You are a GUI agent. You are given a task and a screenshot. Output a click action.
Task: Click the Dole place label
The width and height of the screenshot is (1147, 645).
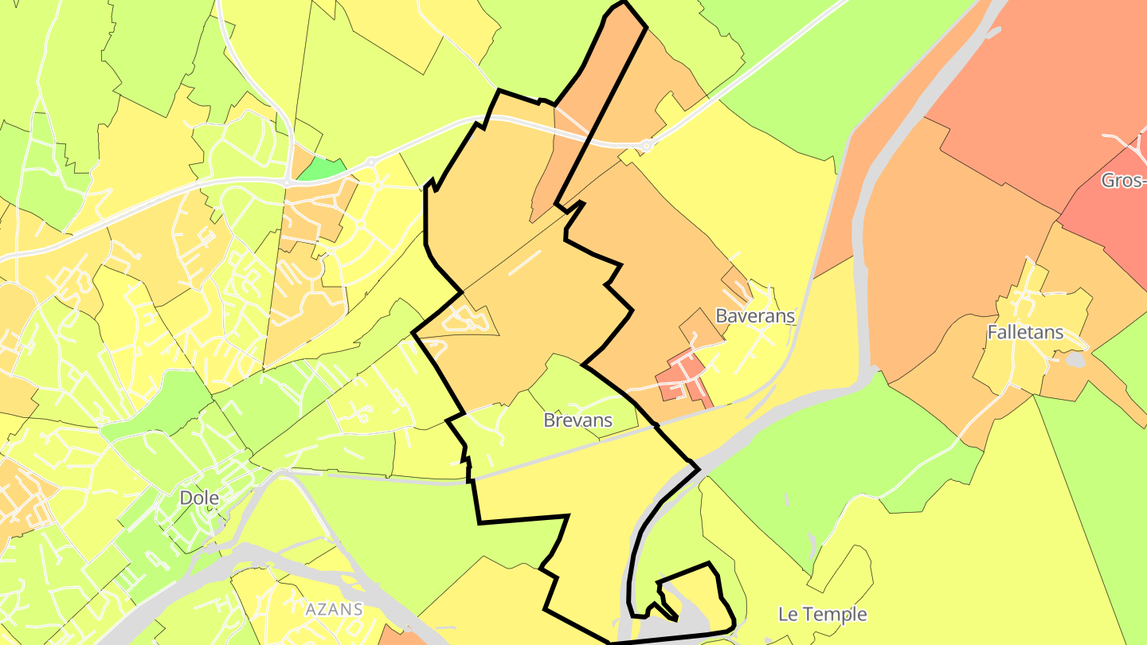point(199,498)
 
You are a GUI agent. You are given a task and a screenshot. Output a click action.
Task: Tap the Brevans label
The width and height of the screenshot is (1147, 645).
point(577,420)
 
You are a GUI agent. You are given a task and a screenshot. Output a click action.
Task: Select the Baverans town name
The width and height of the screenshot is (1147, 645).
point(755,315)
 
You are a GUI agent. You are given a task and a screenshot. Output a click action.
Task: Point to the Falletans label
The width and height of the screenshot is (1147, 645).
point(1025,332)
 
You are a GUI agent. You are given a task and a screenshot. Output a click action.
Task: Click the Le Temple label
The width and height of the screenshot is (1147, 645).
point(822,614)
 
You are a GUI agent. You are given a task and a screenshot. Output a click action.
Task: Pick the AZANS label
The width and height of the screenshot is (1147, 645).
point(334,610)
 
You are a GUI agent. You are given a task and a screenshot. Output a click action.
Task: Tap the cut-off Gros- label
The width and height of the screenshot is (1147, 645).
point(1123,180)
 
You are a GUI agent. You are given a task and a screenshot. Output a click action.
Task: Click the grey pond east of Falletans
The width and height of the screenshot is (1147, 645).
point(1075,360)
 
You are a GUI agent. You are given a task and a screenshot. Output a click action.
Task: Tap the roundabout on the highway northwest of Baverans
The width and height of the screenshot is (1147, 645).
point(645,146)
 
